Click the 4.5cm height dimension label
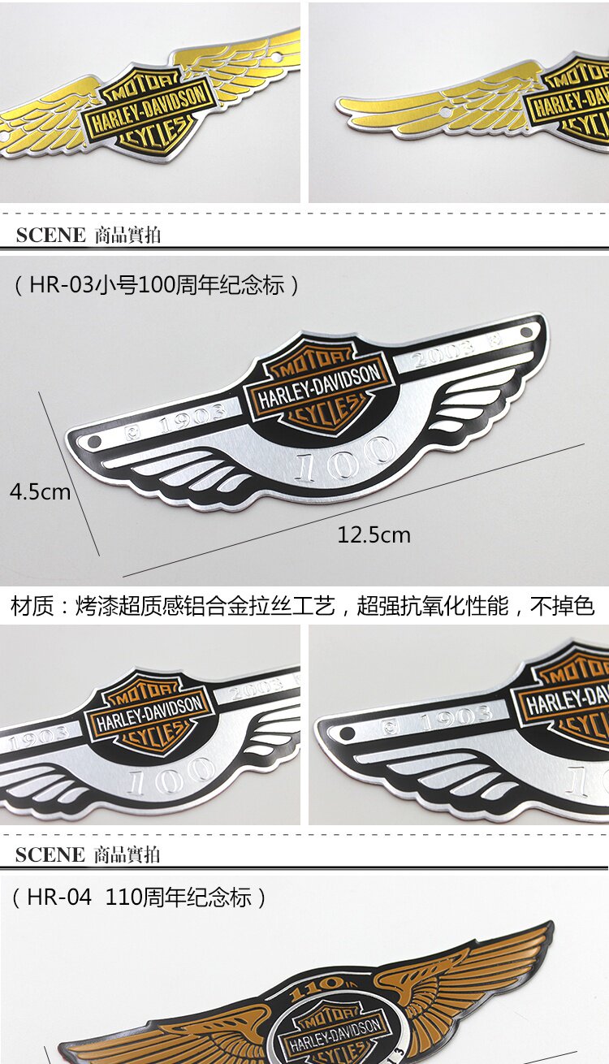[40, 492]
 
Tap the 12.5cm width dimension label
[374, 535]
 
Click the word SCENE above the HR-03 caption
[50, 236]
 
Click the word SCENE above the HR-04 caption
[50, 854]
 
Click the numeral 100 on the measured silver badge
[345, 462]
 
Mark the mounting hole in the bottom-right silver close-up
[348, 733]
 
